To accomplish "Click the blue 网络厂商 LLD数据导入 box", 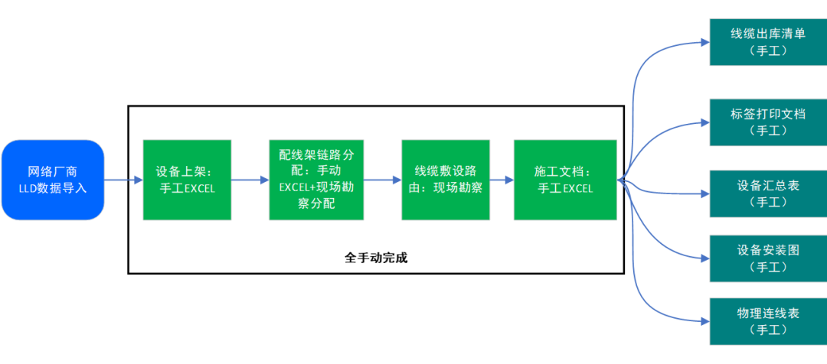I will tap(53, 180).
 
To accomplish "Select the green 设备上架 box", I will tap(187, 180).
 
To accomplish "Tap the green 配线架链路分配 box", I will tap(316, 180).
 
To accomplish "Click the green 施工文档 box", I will tap(565, 180).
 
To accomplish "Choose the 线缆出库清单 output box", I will tap(768, 42).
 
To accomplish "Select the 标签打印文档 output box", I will tap(768, 122).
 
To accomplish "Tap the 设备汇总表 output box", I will tap(768, 193).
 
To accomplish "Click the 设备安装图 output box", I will tap(768, 258).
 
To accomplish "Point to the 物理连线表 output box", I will tap(768, 322).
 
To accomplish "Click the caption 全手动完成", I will tap(376, 258).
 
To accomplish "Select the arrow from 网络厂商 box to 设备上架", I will tap(123, 180).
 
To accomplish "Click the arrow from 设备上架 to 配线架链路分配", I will tap(250, 180).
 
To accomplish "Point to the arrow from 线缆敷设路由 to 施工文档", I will tap(502, 180).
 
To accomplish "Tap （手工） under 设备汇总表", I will tap(768, 203).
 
